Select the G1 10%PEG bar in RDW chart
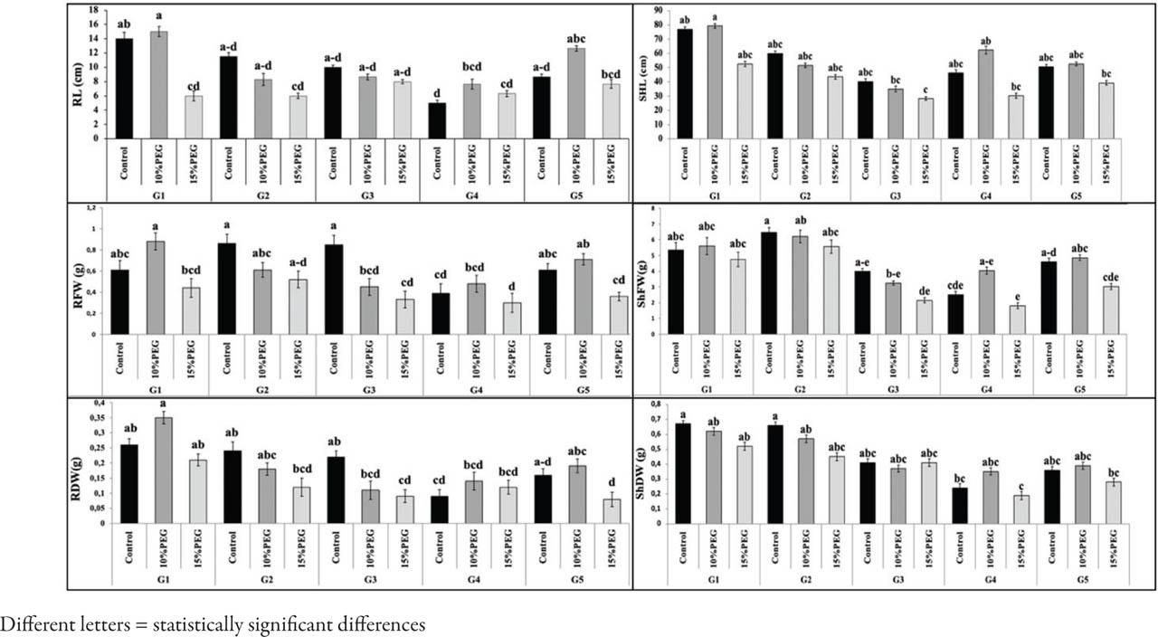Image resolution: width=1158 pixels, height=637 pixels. coord(159,471)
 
